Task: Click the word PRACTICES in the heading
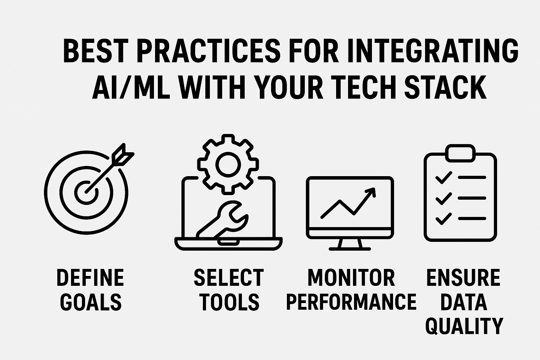[208, 52]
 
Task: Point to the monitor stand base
[349, 249]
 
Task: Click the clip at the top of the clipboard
[460, 153]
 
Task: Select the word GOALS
[91, 302]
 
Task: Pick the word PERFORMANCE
[352, 302]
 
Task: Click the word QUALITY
[464, 326]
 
